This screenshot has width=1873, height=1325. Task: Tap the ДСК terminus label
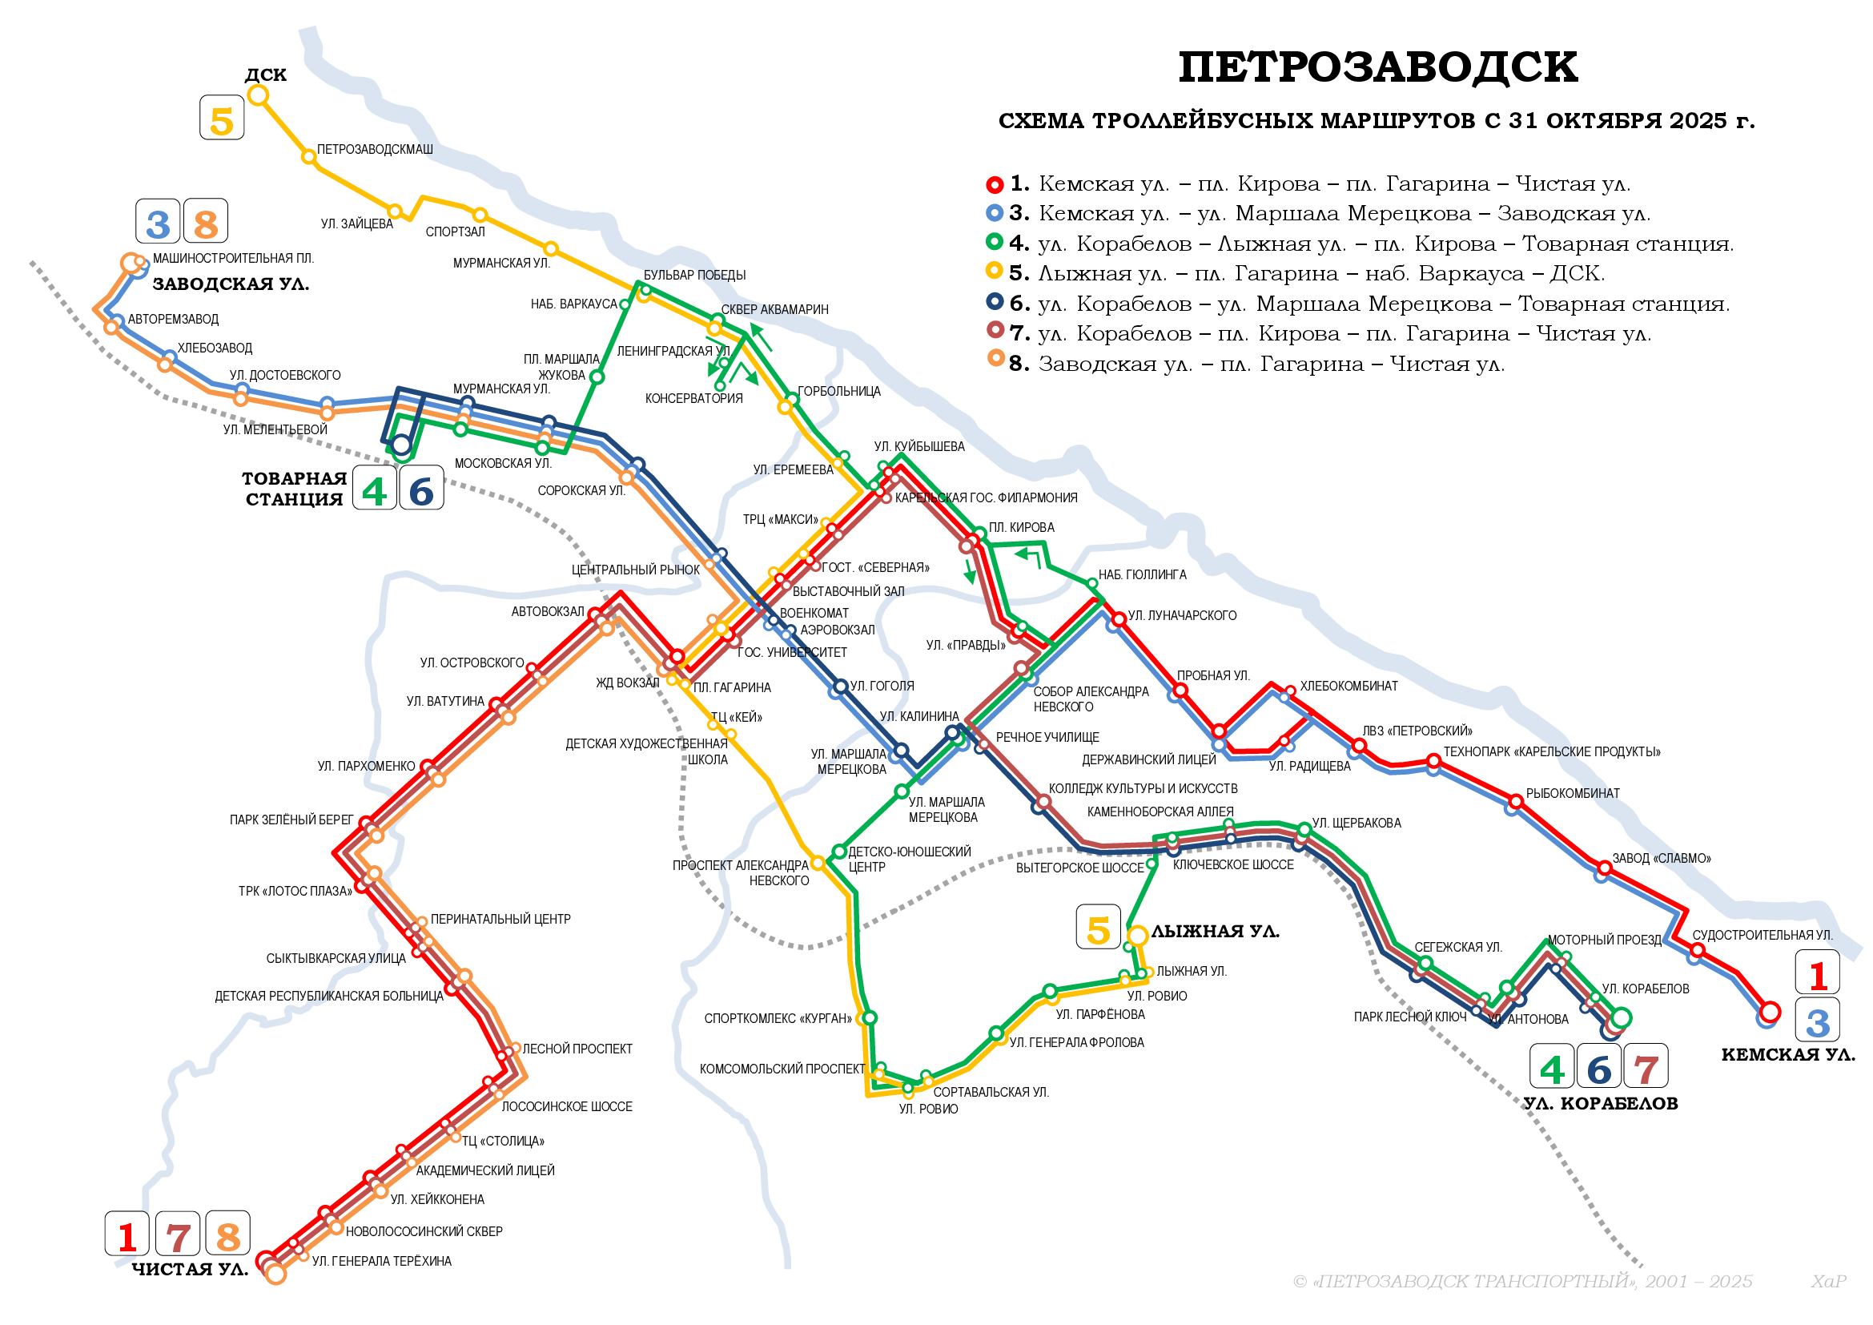pyautogui.click(x=265, y=75)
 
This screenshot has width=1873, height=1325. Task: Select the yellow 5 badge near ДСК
pyautogui.click(x=222, y=119)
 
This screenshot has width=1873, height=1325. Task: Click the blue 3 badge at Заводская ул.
pyautogui.click(x=158, y=222)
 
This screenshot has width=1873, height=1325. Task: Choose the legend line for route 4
pyautogui.click(x=1370, y=244)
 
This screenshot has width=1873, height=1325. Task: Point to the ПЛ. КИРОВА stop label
pyautogui.click(x=1020, y=529)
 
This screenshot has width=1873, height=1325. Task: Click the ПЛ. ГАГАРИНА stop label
pyautogui.click(x=732, y=689)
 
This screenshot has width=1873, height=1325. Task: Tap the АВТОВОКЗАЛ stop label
pyautogui.click(x=548, y=612)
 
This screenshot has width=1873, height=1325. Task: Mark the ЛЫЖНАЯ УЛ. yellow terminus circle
pyautogui.click(x=1137, y=936)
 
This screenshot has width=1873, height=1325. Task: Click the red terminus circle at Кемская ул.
pyautogui.click(x=1769, y=1013)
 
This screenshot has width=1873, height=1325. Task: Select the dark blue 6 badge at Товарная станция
pyautogui.click(x=421, y=489)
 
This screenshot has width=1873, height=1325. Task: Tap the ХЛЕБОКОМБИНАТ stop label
pyautogui.click(x=1348, y=687)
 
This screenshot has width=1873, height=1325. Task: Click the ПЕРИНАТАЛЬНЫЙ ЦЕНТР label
pyautogui.click(x=500, y=920)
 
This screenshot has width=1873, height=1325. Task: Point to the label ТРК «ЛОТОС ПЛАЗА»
pyautogui.click(x=295, y=892)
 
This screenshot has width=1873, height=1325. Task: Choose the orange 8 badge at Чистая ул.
pyautogui.click(x=227, y=1234)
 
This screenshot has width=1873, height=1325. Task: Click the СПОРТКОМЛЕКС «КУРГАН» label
pyautogui.click(x=778, y=1019)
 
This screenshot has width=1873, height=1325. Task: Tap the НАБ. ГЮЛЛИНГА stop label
pyautogui.click(x=1142, y=575)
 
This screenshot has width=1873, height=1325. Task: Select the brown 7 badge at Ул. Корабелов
pyautogui.click(x=1646, y=1067)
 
